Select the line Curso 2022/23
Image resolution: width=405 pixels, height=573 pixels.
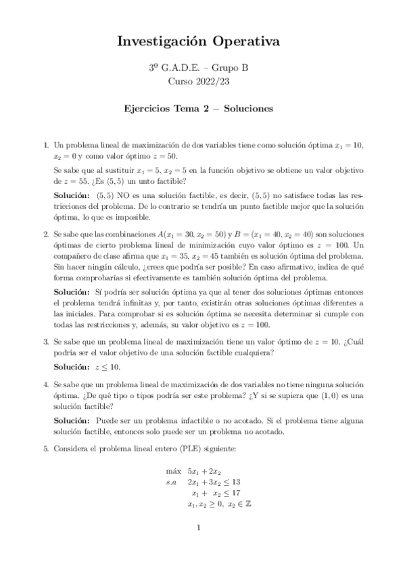click(x=202, y=81)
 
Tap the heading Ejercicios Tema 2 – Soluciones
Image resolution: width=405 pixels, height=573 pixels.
click(x=202, y=107)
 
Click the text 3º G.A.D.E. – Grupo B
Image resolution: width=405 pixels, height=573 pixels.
click(x=202, y=68)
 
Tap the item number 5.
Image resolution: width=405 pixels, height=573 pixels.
click(x=45, y=448)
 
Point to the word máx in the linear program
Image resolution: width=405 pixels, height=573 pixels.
click(x=173, y=471)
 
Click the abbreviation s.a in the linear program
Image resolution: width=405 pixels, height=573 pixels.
click(x=171, y=482)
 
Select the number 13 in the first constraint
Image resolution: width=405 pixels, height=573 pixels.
click(x=236, y=482)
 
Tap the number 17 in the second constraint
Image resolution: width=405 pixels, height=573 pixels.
click(x=236, y=494)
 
